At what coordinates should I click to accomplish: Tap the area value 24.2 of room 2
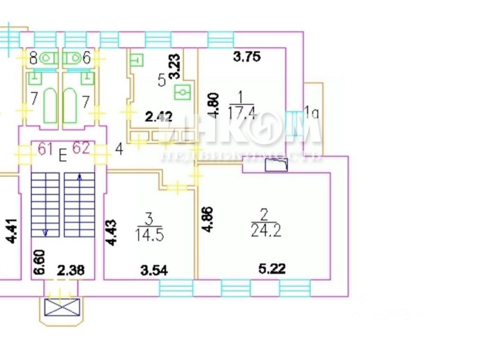[x=266, y=231]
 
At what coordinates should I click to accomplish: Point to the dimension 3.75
[x=247, y=57]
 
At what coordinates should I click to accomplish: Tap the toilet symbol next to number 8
[x=48, y=59]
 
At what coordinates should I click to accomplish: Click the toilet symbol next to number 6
[x=73, y=59]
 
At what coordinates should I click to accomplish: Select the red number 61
[x=46, y=149]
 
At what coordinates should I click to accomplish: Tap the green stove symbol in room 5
[x=182, y=93]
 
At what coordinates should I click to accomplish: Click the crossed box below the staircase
[x=62, y=308]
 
